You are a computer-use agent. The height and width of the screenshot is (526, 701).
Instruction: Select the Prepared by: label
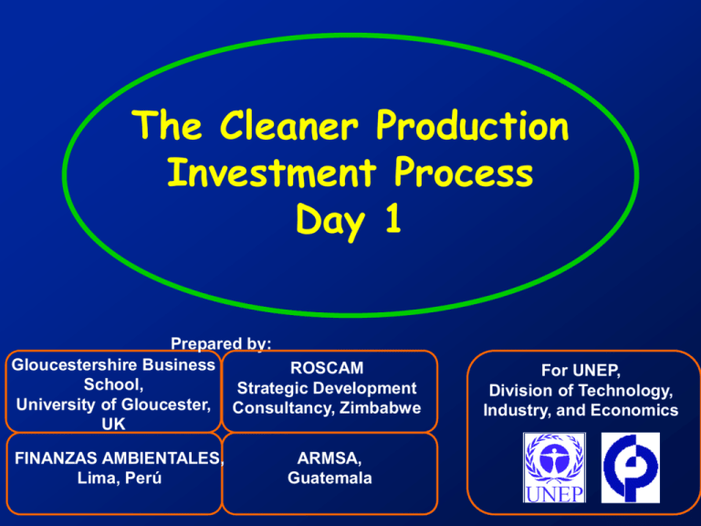(x=221, y=344)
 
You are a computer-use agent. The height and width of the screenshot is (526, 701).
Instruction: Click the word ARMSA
(x=326, y=459)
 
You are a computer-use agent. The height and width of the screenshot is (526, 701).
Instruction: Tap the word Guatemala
(x=326, y=479)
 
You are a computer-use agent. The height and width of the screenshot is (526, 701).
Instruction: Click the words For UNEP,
(x=581, y=372)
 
